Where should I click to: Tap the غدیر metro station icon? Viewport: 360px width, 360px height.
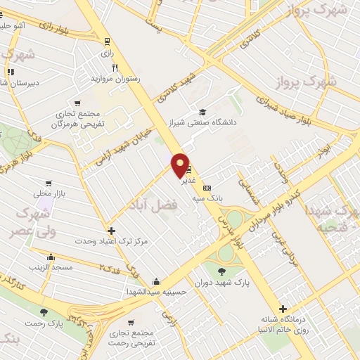[188, 169]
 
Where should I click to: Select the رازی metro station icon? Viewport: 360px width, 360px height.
[107, 41]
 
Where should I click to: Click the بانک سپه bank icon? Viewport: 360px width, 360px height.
[206, 188]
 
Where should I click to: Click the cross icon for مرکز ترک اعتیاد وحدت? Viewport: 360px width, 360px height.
[111, 231]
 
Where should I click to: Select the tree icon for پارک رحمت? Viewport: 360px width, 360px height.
[44, 311]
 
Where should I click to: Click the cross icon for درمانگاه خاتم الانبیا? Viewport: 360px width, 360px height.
[283, 309]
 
